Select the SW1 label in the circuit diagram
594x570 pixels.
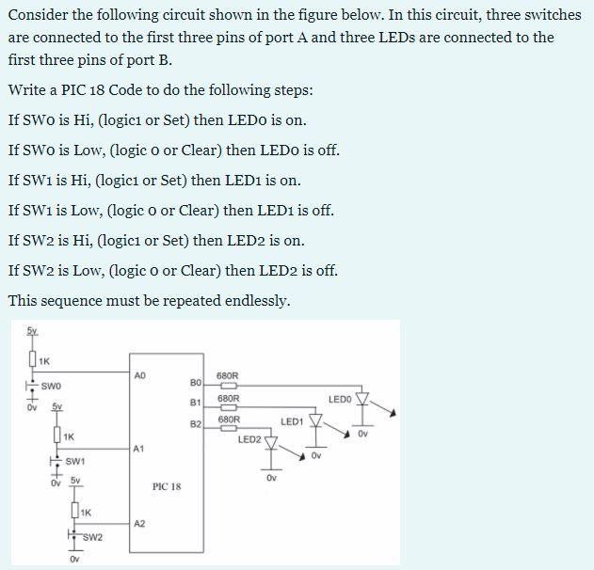click(76, 460)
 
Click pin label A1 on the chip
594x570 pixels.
click(138, 449)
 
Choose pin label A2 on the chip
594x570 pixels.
click(139, 523)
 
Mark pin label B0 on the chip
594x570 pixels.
click(196, 383)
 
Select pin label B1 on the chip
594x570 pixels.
click(196, 403)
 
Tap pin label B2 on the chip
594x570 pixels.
click(196, 424)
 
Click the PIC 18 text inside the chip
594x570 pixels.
click(167, 487)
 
